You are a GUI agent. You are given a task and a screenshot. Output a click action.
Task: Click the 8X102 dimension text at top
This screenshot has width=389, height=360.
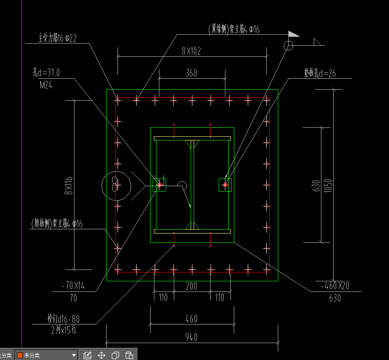pyautogui.click(x=191, y=51)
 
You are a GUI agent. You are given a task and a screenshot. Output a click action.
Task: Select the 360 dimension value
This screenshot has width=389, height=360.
pyautogui.click(x=191, y=73)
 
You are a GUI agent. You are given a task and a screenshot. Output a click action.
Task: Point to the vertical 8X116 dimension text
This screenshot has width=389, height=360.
pyautogui.click(x=69, y=185)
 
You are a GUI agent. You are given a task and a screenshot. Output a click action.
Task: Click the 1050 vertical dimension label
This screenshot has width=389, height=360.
pyautogui.click(x=328, y=185)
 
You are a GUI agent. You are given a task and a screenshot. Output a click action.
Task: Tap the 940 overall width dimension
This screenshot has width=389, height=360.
pyautogui.click(x=191, y=337)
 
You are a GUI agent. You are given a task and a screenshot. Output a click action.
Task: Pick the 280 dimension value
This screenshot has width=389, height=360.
pyautogui.click(x=192, y=286)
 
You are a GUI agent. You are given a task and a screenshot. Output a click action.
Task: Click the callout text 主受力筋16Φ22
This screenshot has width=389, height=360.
pyautogui.click(x=57, y=38)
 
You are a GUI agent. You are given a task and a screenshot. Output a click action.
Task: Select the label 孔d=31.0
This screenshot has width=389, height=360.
pyautogui.click(x=46, y=72)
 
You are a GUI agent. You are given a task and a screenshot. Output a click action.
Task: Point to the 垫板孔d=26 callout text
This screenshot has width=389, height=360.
pyautogui.click(x=320, y=73)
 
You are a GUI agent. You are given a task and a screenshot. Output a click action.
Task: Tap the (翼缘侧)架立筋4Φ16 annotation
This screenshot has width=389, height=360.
pyautogui.click(x=233, y=29)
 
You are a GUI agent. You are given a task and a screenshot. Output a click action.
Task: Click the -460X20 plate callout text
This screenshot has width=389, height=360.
pyautogui.click(x=334, y=286)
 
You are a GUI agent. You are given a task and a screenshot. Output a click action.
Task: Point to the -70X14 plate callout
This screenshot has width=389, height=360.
pyautogui.click(x=73, y=286)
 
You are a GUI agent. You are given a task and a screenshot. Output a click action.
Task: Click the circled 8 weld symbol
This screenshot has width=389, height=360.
pyautogui.click(x=115, y=185)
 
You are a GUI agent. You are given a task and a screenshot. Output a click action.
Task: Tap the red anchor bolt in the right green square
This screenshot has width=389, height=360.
pyautogui.click(x=225, y=185)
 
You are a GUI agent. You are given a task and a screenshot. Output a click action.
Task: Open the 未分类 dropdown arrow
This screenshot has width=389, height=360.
pyautogui.click(x=74, y=355)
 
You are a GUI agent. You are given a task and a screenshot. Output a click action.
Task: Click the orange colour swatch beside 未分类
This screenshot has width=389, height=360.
pyautogui.click(x=19, y=355)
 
